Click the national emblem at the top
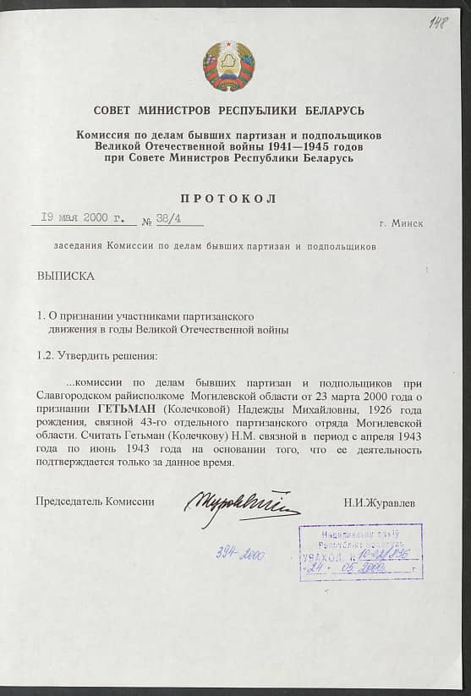tap(228, 66)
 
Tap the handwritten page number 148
tap(438, 22)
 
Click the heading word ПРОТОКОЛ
tap(228, 199)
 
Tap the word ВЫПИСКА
tap(66, 276)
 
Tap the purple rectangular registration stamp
tap(360, 551)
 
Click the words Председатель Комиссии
tap(95, 501)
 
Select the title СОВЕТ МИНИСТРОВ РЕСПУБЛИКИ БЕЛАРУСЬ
tap(228, 111)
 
